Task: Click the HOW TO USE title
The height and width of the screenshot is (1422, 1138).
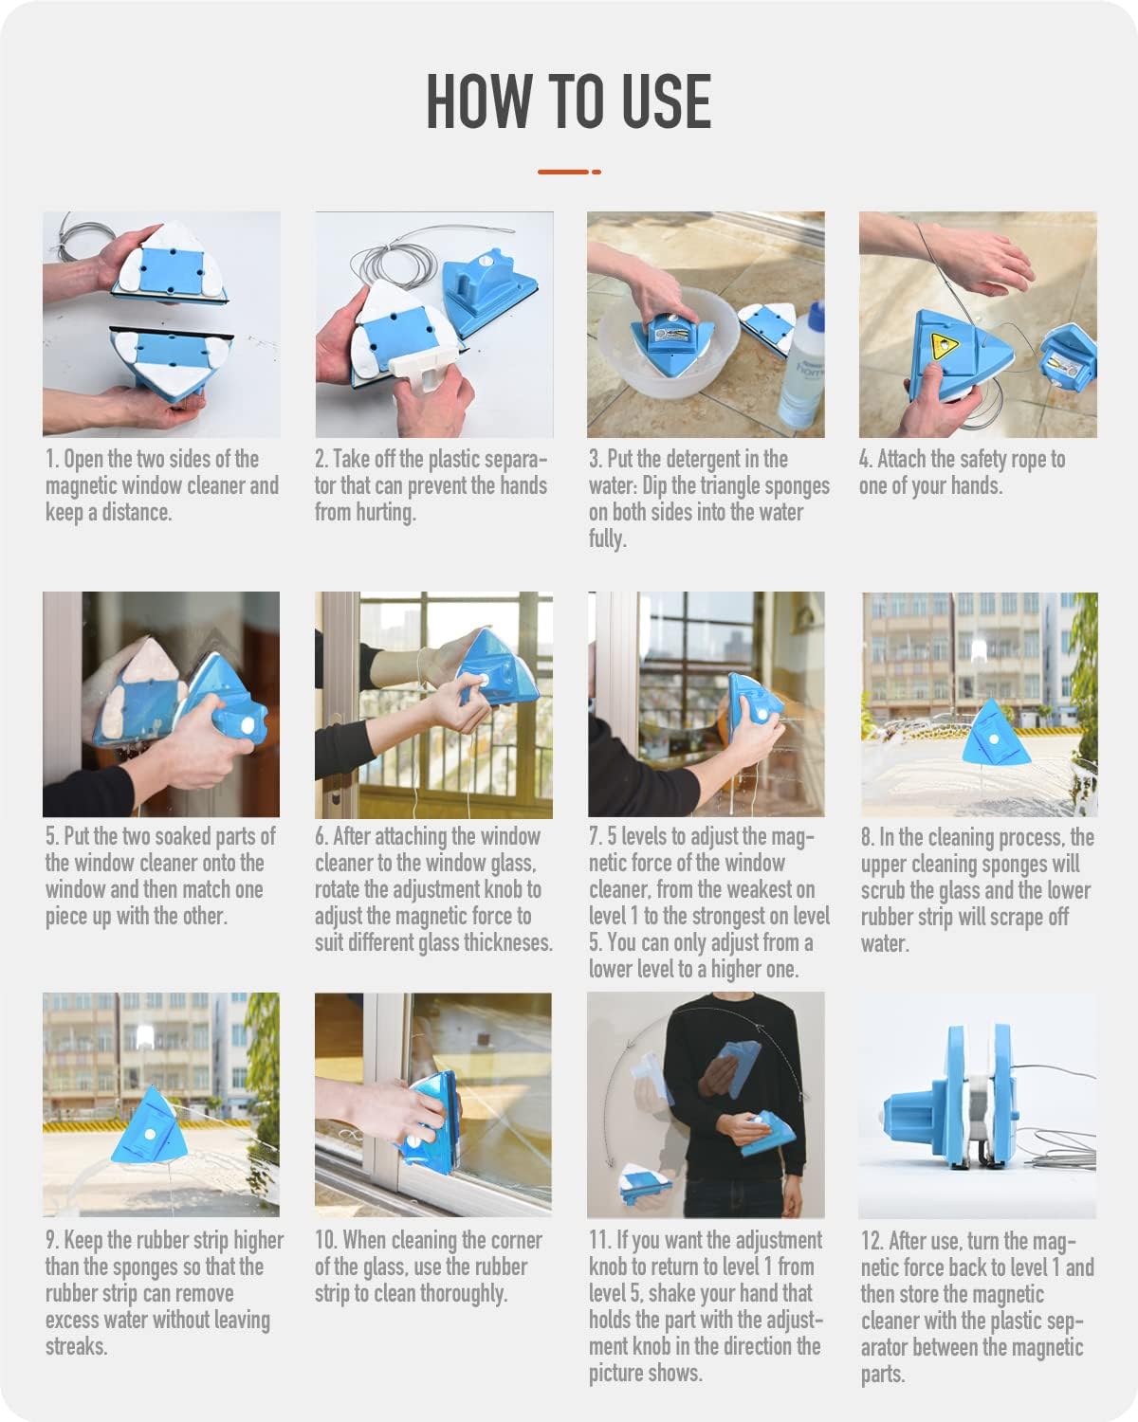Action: click(x=568, y=100)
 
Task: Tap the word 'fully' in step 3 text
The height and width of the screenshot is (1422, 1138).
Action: click(x=605, y=538)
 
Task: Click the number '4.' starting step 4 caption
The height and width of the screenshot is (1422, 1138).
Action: click(x=865, y=460)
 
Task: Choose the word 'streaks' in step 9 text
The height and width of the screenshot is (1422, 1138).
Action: click(x=76, y=1346)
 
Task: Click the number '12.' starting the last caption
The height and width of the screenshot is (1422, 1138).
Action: click(x=872, y=1241)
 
